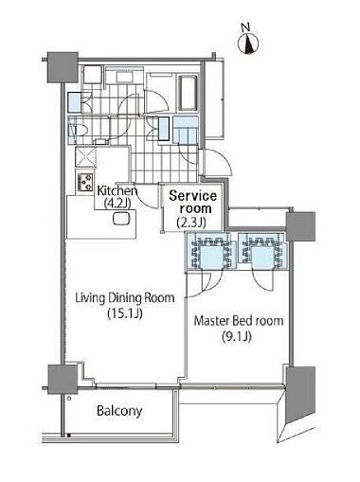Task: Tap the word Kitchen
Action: point(117,190)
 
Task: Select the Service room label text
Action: point(192,203)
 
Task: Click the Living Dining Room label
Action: point(125,298)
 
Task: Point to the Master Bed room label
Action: point(239,321)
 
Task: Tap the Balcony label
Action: point(119,411)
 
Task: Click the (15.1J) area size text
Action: point(125,313)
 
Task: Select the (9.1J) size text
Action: point(237,337)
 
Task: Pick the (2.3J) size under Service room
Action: point(191,223)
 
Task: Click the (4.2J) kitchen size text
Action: point(117,203)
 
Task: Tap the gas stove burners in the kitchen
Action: point(84,182)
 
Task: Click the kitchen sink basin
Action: point(121,219)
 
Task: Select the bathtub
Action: point(188,93)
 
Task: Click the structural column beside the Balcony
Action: point(63,379)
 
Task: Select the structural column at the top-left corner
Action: point(63,67)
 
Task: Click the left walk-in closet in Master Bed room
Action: point(211,252)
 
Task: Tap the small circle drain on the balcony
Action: point(69,399)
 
